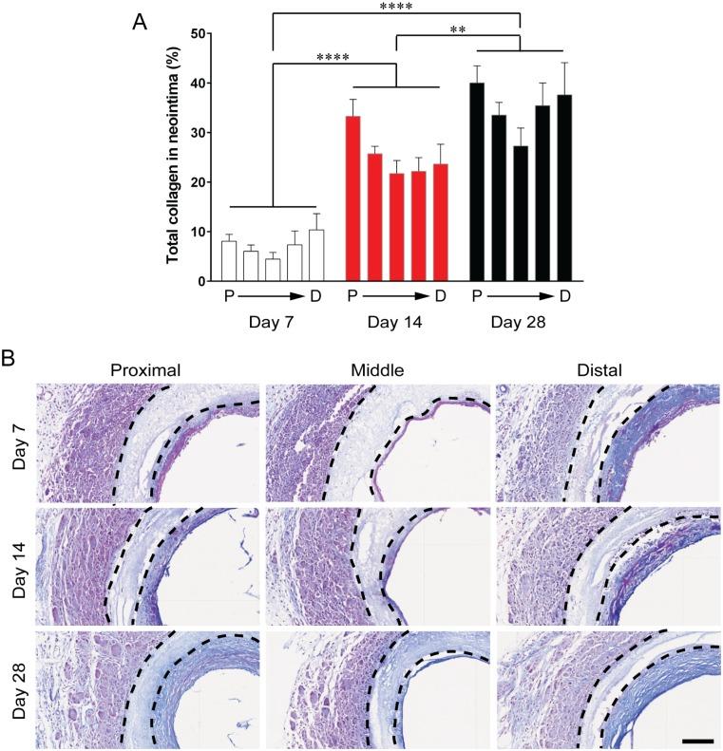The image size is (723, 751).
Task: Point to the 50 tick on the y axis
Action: click(x=199, y=33)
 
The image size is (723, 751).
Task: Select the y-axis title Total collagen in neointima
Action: click(x=175, y=157)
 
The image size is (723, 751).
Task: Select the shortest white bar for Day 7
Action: click(x=273, y=270)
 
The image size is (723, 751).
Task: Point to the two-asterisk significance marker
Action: click(x=457, y=30)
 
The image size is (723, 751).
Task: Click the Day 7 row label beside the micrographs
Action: click(x=18, y=442)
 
